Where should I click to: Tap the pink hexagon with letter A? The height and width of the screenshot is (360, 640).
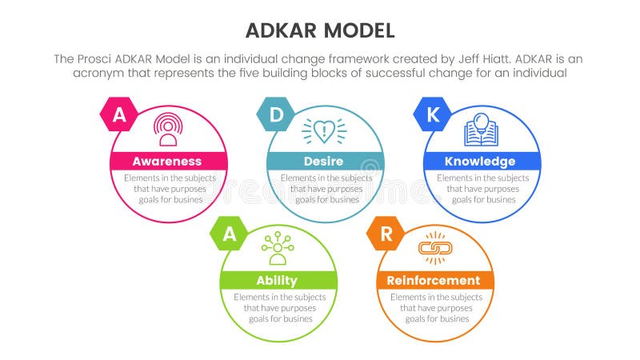click(118, 115)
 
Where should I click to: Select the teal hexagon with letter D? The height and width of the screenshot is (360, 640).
click(275, 115)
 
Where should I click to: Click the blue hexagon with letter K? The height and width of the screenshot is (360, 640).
click(432, 115)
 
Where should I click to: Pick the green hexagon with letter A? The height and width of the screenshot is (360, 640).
click(229, 234)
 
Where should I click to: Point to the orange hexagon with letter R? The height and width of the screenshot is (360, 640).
click(386, 234)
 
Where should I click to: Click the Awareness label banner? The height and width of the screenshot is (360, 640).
click(167, 162)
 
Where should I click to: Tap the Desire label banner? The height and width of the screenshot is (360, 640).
click(324, 162)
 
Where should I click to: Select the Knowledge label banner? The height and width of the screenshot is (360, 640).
click(480, 162)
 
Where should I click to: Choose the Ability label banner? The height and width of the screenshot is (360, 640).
click(278, 280)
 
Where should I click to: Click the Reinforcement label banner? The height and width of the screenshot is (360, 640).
click(434, 280)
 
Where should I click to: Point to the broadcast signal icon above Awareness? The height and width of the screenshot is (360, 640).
click(167, 129)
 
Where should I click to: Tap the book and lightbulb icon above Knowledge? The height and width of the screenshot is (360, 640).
click(480, 129)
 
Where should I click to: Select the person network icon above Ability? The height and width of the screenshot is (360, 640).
click(278, 248)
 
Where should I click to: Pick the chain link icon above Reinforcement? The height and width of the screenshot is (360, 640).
click(434, 248)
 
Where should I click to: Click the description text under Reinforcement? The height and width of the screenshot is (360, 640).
click(434, 307)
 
